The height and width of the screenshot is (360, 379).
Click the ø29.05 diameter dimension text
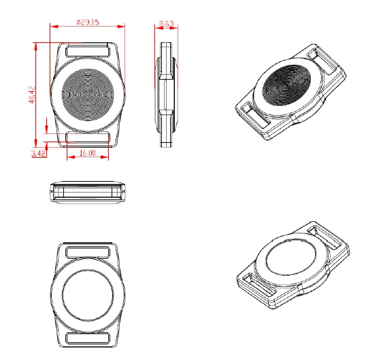click(86, 22)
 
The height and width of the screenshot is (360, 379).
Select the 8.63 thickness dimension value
click(166, 24)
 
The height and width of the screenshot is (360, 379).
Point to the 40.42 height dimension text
click(32, 94)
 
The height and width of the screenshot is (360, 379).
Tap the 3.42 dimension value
click(39, 154)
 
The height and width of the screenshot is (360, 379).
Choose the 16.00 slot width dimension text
click(87, 154)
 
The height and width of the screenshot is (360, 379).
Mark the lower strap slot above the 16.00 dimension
click(88, 138)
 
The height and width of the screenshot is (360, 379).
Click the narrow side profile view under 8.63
click(167, 95)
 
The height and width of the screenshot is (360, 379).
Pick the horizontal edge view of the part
click(88, 192)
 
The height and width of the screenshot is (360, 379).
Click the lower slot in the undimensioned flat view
click(88, 339)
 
